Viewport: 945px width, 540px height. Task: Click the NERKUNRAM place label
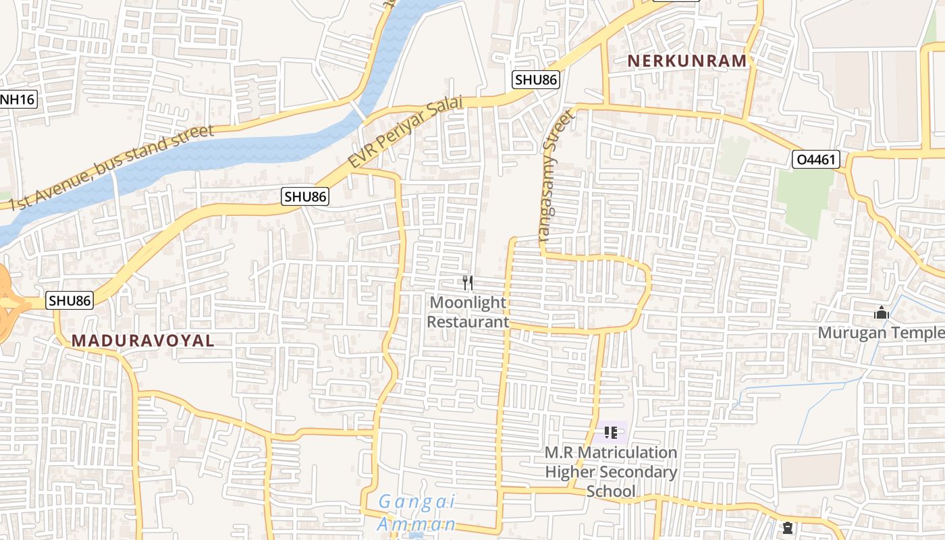[687, 61]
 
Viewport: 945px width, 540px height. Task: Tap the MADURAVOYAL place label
[143, 341]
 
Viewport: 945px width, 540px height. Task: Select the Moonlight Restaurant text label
[468, 312]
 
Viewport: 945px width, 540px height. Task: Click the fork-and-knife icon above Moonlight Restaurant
[468, 282]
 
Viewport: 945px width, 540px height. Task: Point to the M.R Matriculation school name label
[611, 462]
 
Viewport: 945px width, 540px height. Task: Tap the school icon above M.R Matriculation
[611, 432]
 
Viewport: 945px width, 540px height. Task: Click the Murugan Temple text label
[881, 333]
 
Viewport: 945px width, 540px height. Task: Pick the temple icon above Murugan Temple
[882, 313]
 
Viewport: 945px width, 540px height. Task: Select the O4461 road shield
[815, 160]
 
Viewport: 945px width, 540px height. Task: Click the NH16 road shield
[16, 100]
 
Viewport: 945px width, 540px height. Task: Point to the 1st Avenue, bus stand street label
[111, 167]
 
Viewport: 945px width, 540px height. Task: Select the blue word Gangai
[417, 502]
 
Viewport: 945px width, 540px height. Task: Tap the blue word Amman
[417, 524]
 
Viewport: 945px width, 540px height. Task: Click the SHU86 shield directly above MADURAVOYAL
[70, 300]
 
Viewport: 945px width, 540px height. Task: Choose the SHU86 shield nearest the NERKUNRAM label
[536, 80]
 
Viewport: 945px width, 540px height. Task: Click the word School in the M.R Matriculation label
[611, 491]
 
